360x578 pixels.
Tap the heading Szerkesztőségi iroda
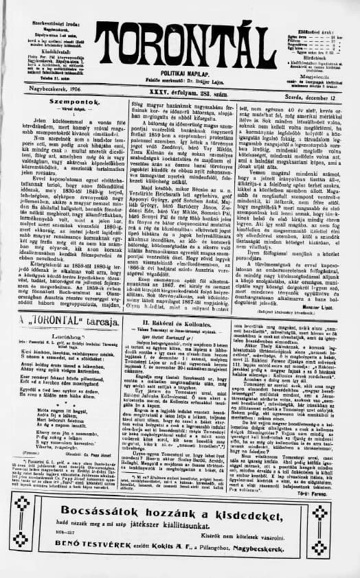pos(47,5)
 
